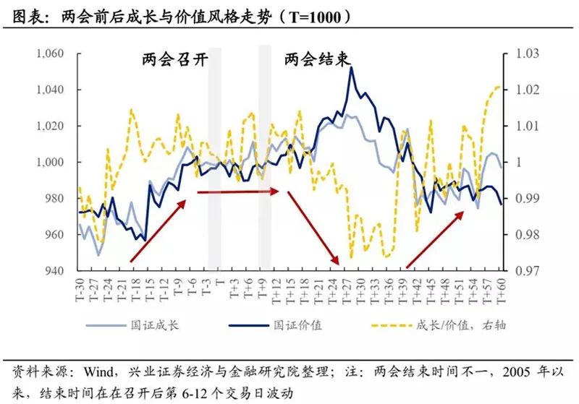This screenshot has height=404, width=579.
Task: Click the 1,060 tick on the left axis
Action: [50, 54]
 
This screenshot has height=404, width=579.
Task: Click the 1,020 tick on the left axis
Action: [50, 126]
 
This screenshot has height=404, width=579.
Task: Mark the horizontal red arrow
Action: [237, 192]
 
